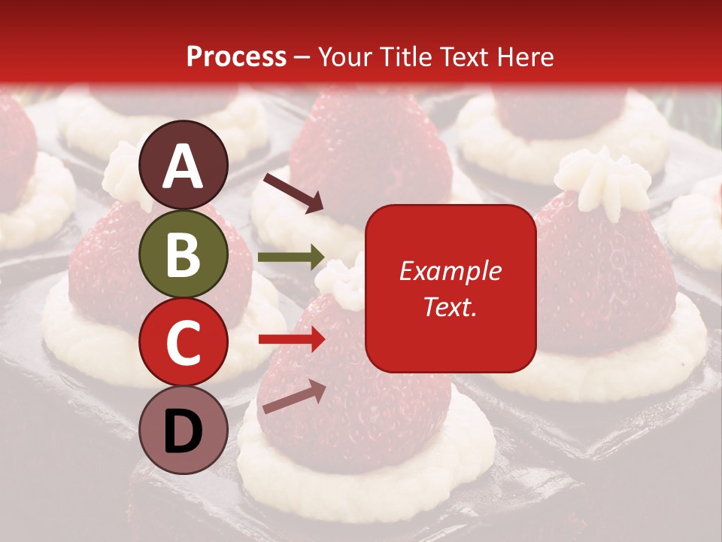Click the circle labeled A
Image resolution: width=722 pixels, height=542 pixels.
[184, 166]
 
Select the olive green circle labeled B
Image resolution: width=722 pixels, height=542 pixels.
[184, 254]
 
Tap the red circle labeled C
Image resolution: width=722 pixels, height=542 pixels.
[184, 342]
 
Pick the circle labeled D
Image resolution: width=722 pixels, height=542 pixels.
[184, 430]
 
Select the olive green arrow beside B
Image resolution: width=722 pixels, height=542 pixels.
[291, 257]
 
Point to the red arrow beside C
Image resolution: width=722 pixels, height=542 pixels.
[291, 340]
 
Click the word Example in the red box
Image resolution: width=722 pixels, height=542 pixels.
[450, 271]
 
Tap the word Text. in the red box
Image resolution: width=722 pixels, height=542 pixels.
[450, 306]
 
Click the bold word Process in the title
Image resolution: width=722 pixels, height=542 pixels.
[236, 56]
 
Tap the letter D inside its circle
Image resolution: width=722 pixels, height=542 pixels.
[184, 431]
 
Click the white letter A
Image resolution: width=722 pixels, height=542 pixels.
[184, 167]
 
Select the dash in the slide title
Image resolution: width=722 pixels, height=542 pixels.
[302, 58]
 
